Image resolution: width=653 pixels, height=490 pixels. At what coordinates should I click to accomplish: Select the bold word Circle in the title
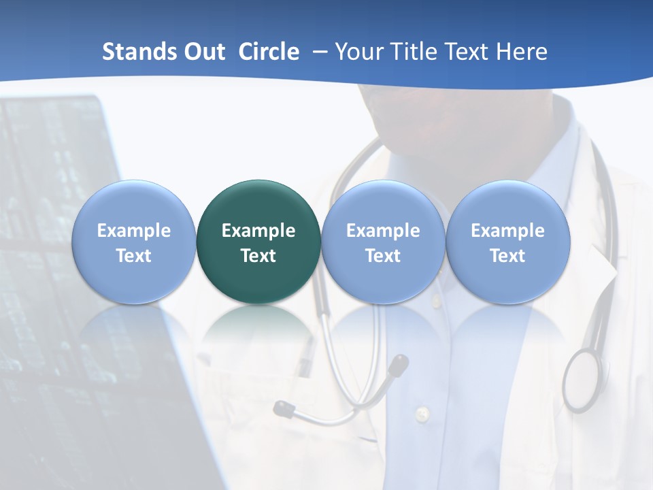tap(269, 52)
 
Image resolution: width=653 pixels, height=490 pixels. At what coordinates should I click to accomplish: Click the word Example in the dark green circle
tap(258, 231)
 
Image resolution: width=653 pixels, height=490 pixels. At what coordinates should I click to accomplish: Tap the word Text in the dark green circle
tap(258, 256)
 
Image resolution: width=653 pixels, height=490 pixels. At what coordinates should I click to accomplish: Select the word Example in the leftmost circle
tap(133, 231)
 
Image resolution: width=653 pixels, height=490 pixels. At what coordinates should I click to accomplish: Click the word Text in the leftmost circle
tap(133, 256)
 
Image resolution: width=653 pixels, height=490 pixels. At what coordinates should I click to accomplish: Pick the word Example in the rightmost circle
tap(507, 231)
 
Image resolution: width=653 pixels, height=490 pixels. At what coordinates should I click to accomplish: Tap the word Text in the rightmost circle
tap(507, 256)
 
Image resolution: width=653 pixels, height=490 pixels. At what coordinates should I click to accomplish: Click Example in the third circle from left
tap(383, 231)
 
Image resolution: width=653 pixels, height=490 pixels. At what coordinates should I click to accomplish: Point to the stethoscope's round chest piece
tap(583, 380)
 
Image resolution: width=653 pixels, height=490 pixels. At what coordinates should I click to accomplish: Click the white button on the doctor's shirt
tap(422, 413)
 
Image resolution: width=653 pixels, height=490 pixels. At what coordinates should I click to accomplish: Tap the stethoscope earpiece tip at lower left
tap(283, 409)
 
